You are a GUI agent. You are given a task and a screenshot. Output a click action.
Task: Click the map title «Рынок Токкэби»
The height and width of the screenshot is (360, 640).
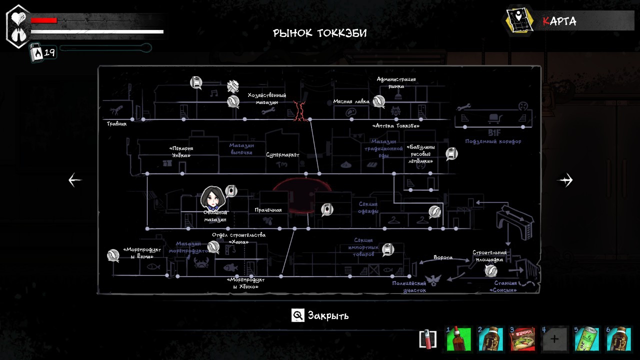[x=320, y=33]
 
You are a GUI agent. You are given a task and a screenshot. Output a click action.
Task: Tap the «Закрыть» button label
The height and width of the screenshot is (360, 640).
[x=328, y=315]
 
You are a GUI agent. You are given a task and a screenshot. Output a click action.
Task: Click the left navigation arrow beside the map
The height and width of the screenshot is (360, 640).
[x=75, y=180]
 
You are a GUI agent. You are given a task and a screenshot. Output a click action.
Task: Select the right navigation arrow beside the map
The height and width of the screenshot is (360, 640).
[x=565, y=180]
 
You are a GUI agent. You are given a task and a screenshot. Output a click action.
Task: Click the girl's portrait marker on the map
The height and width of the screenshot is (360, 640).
[x=212, y=198]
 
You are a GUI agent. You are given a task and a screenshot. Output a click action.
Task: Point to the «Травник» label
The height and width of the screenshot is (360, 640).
[x=116, y=123]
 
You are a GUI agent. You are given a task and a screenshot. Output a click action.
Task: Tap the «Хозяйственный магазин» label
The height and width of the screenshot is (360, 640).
[x=266, y=98]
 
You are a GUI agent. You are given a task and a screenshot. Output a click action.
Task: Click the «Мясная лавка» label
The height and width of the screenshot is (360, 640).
[x=351, y=102]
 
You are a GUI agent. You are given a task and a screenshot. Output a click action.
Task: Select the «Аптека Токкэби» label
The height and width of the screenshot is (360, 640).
[x=396, y=126]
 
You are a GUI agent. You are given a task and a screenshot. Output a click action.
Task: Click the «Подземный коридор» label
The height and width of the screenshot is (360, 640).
[x=493, y=141]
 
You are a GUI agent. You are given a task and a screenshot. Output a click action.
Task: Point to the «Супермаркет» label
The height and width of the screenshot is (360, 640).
[x=282, y=155]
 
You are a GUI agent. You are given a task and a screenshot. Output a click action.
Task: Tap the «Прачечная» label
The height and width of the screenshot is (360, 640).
[x=268, y=210]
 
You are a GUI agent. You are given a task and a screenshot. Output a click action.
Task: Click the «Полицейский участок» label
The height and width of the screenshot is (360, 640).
[x=409, y=286]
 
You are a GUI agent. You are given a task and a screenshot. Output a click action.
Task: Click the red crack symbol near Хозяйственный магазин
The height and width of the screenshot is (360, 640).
[x=300, y=110]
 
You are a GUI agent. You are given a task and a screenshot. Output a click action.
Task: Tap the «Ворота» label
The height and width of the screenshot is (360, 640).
[x=443, y=257]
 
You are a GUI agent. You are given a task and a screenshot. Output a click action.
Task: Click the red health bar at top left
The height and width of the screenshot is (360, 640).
[x=44, y=20]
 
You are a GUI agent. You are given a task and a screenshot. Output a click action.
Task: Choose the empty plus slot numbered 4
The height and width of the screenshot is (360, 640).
[x=554, y=339]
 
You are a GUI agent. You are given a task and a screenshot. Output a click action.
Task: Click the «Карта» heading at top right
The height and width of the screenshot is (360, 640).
[x=559, y=21]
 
